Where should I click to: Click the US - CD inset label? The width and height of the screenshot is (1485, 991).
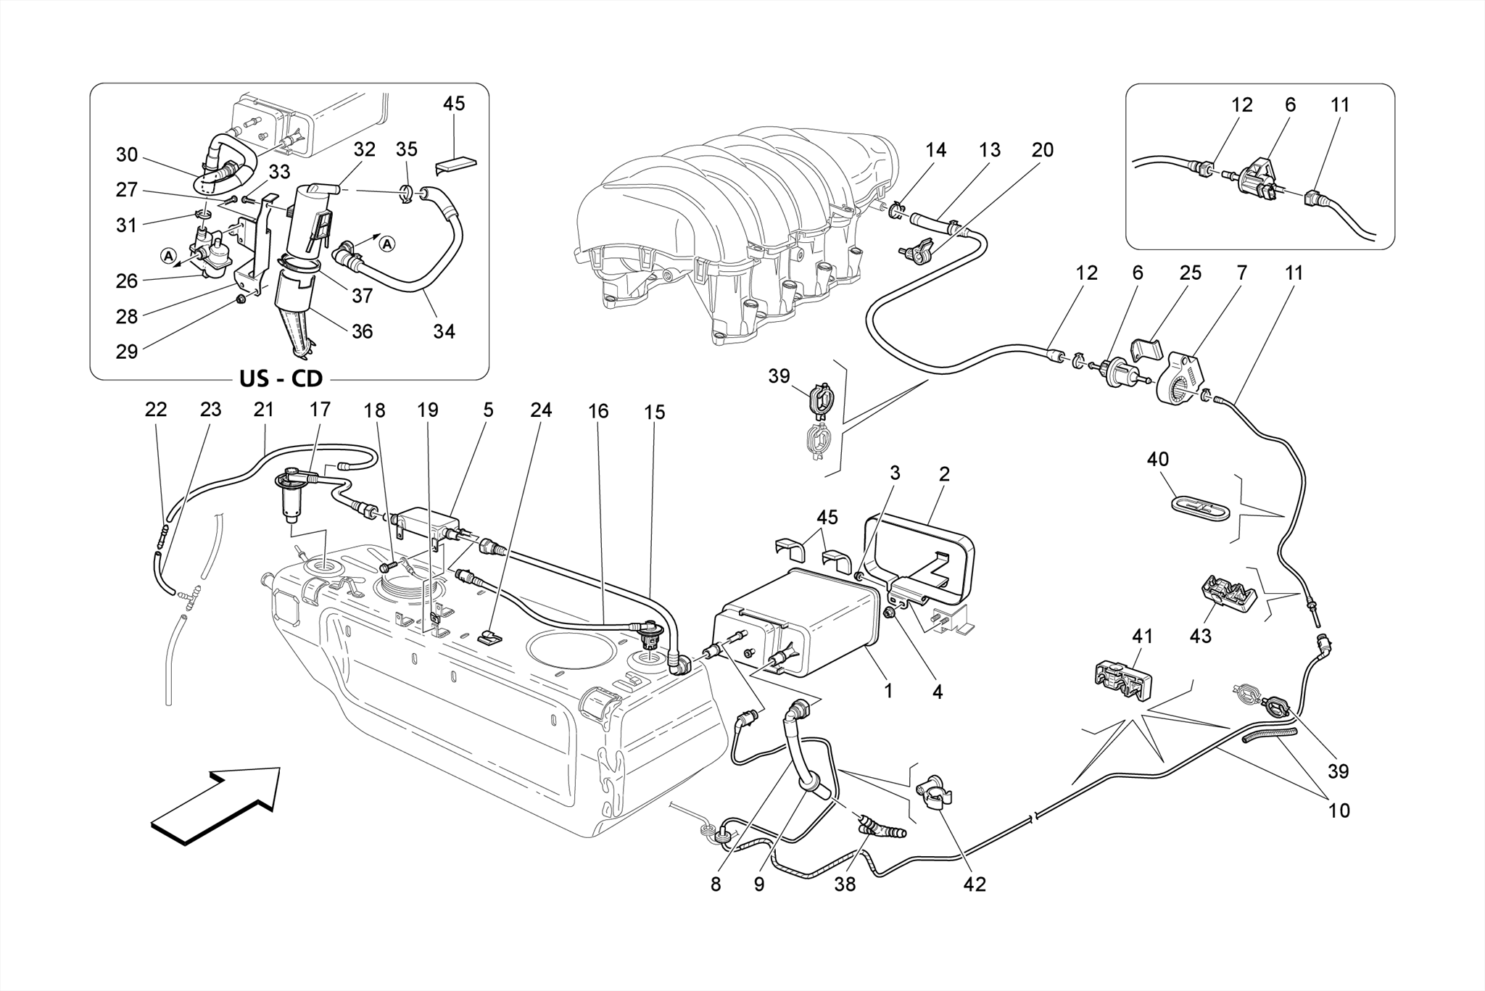click(x=281, y=378)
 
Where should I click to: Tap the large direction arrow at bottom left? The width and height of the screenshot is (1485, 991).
click(x=216, y=805)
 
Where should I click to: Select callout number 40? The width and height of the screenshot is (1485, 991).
click(x=1157, y=460)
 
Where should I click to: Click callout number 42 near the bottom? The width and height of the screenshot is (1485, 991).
click(x=975, y=884)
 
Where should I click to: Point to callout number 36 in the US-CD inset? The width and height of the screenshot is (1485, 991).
click(x=362, y=331)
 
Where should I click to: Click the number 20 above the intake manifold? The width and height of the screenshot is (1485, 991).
click(x=1042, y=150)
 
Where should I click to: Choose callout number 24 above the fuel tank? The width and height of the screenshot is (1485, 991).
click(x=540, y=410)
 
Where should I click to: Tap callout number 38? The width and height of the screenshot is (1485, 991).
click(x=845, y=884)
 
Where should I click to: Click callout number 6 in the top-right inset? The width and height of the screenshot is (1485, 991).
click(x=1289, y=104)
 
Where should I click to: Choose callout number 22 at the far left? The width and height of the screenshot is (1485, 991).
click(x=156, y=410)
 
